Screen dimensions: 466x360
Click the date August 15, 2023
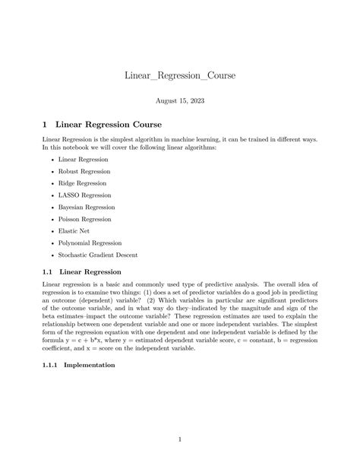coord(180,100)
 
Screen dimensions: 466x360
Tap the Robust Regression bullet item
coord(84,172)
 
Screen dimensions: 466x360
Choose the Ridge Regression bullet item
coord(83,183)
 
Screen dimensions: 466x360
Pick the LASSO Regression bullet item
coord(84,195)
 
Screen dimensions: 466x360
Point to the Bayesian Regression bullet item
coord(87,207)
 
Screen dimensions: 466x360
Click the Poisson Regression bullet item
coord(86,219)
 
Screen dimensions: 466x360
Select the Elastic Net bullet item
coord(75,230)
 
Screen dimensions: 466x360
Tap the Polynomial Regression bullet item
coord(90,243)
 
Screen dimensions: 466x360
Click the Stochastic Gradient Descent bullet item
coord(98,255)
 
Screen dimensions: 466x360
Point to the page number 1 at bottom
coord(180,438)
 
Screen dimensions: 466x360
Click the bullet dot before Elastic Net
coord(51,230)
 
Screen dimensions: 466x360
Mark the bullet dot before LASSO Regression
coord(51,195)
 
